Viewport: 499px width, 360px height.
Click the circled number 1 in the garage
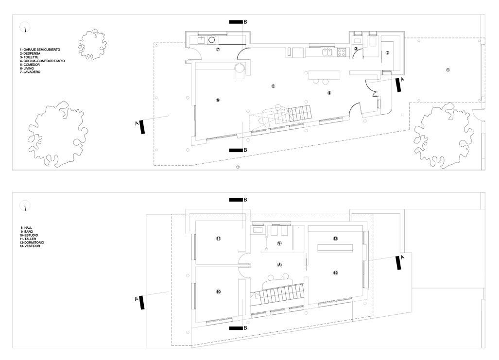coord(447,70)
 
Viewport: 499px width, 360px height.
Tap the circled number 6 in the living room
coord(218,100)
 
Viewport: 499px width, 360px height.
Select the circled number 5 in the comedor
coord(274,86)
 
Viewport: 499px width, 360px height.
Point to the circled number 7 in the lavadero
coord(218,50)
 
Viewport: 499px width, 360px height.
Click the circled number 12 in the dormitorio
coord(336,273)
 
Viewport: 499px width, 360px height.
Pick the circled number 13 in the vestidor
coord(336,239)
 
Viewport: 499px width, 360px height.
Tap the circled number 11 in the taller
coord(219,239)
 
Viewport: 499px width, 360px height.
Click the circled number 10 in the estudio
coord(219,291)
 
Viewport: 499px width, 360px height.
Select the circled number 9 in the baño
coord(279,243)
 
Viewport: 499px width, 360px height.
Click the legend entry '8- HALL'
coord(26,227)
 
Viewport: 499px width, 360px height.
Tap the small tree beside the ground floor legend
coord(92,44)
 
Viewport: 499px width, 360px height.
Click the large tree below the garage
coord(443,136)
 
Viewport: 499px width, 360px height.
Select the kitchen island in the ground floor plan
coord(323,75)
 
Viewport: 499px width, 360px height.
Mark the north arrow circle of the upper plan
coord(25,207)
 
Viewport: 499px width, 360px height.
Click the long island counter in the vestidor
coord(336,248)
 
